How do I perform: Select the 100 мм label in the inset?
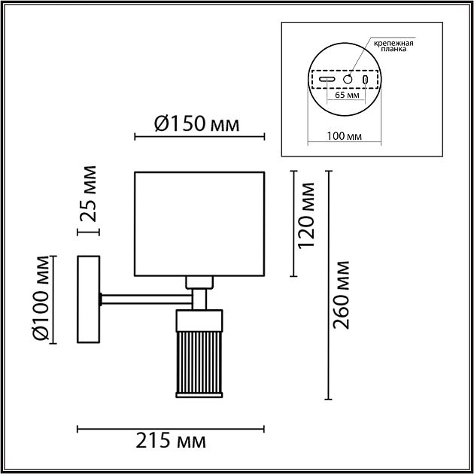click(346, 136)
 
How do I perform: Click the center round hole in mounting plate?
click(348, 79)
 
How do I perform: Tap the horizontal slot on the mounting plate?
click(328, 79)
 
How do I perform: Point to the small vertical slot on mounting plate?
click(366, 79)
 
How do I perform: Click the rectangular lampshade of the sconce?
click(199, 224)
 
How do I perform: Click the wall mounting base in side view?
click(90, 299)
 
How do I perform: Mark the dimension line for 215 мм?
click(172, 430)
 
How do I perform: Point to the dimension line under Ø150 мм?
click(199, 137)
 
